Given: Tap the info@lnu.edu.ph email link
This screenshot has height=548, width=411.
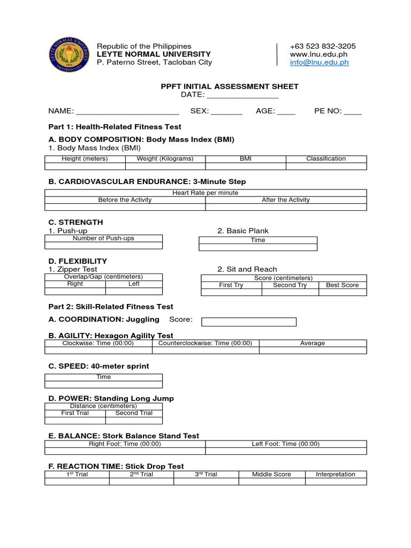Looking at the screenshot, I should (x=319, y=62).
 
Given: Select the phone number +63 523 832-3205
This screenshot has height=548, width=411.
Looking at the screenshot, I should (x=322, y=46).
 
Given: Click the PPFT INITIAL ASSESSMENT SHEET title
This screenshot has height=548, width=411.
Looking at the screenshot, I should (x=230, y=86).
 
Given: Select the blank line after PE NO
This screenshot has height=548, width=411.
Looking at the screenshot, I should (x=352, y=112).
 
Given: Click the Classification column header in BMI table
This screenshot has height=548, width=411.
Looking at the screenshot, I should (x=326, y=158).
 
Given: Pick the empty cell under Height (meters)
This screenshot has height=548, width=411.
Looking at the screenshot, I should (x=85, y=166).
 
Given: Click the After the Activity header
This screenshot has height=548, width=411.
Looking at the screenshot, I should (x=286, y=200).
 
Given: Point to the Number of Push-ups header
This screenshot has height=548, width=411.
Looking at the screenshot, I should (x=103, y=238).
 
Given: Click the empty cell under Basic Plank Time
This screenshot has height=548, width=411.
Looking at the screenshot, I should (x=258, y=247).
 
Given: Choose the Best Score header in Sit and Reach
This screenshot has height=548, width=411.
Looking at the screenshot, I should (x=342, y=285).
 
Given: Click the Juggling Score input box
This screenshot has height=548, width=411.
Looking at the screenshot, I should (x=248, y=322).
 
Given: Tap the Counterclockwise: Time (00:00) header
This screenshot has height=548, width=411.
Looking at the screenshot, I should (x=205, y=343).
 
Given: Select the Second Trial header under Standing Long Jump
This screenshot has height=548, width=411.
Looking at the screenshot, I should (x=134, y=413).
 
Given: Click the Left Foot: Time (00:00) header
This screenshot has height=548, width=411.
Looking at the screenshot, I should (x=286, y=444).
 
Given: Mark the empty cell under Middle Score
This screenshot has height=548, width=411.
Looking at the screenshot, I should (x=271, y=482).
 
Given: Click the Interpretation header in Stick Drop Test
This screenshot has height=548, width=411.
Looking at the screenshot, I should (x=336, y=474).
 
